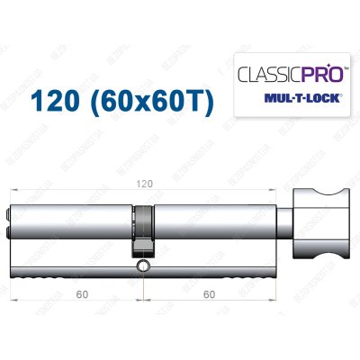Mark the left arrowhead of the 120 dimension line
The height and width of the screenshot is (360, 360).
point(17,190)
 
